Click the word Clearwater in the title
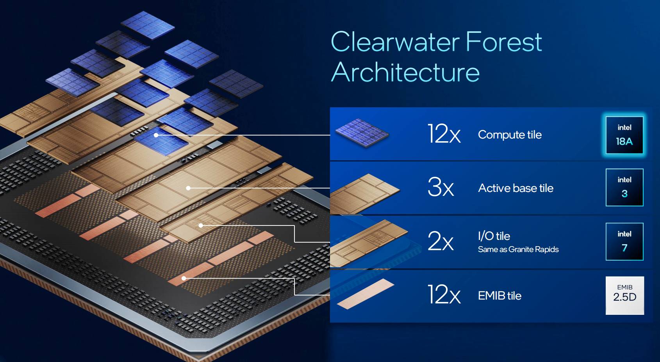tap(395, 41)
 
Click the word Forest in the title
tap(504, 41)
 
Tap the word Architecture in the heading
tap(405, 72)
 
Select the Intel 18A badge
tap(624, 135)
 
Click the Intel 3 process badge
tap(624, 188)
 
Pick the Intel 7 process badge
tap(624, 241)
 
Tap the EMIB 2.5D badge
tap(624, 295)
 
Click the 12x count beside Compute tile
tap(444, 134)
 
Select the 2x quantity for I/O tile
tap(441, 241)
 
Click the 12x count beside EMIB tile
tap(444, 295)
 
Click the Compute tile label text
tap(510, 135)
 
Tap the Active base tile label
tap(516, 188)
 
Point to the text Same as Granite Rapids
tap(518, 250)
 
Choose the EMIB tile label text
tap(500, 296)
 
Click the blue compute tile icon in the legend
tap(362, 133)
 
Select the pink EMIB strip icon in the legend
tap(366, 294)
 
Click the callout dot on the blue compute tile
tap(156, 135)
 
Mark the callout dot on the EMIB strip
tap(184, 278)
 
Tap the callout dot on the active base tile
tap(188, 188)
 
